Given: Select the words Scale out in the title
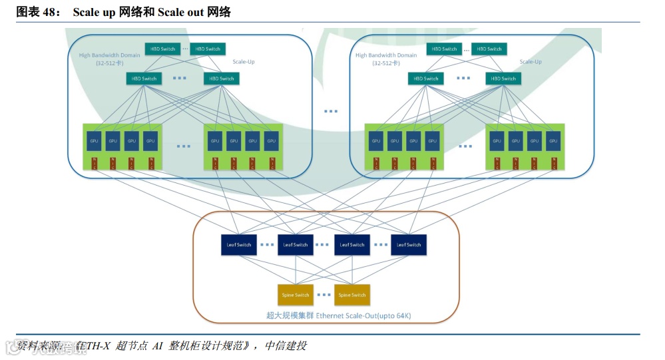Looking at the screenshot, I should [180, 12].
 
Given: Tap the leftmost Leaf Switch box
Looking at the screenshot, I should [239, 245].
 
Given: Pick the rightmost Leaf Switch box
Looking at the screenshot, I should [409, 245].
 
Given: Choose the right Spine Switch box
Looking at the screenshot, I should [352, 295].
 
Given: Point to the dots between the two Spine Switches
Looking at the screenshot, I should [324, 295].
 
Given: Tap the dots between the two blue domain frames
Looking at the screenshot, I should [331, 111].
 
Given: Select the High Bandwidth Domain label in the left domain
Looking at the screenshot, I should [110, 55].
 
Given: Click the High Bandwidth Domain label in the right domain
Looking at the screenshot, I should [386, 56].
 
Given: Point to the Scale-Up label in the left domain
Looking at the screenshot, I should [243, 62].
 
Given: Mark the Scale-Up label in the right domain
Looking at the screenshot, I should [531, 62].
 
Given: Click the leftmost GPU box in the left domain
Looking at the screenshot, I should [95, 141].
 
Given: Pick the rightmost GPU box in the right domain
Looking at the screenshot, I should [553, 141].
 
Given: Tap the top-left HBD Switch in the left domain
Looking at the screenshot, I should [163, 49].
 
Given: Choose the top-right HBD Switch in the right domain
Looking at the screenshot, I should [490, 49].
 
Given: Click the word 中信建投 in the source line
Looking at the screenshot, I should [286, 346].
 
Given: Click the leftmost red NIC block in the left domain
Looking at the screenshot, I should [95, 164].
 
